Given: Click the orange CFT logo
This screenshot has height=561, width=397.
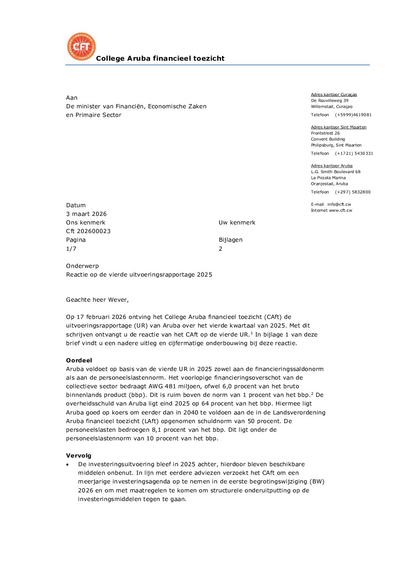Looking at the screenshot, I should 81,46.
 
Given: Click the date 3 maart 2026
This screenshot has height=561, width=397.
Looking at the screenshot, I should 86,214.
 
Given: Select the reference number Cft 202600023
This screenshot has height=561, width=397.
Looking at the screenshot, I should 88,231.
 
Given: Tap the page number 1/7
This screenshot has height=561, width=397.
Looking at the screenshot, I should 71,249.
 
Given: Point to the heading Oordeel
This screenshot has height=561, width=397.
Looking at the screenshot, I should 79,361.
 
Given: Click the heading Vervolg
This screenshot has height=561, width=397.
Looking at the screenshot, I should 78,456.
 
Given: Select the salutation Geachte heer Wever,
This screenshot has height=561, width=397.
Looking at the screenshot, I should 97,300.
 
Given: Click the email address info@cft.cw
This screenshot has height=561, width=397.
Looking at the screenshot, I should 339,204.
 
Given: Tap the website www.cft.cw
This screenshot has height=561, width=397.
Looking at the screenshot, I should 340,210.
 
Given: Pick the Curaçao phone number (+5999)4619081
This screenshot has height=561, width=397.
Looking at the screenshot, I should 353,115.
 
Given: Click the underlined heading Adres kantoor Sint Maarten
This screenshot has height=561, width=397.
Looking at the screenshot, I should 338,127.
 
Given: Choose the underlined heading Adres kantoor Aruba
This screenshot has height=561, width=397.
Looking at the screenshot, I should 332,166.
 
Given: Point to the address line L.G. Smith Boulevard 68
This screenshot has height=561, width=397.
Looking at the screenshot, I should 335,172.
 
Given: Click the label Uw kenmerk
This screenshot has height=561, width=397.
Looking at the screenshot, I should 237,223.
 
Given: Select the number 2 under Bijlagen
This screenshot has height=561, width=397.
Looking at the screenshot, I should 221,249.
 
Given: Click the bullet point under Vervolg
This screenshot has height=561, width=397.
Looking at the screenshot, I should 68,465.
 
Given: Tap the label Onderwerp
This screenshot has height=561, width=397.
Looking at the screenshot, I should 82,266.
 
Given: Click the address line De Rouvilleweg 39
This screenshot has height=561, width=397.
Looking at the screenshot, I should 329,100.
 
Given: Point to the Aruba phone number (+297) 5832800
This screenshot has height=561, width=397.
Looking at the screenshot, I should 353,192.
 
